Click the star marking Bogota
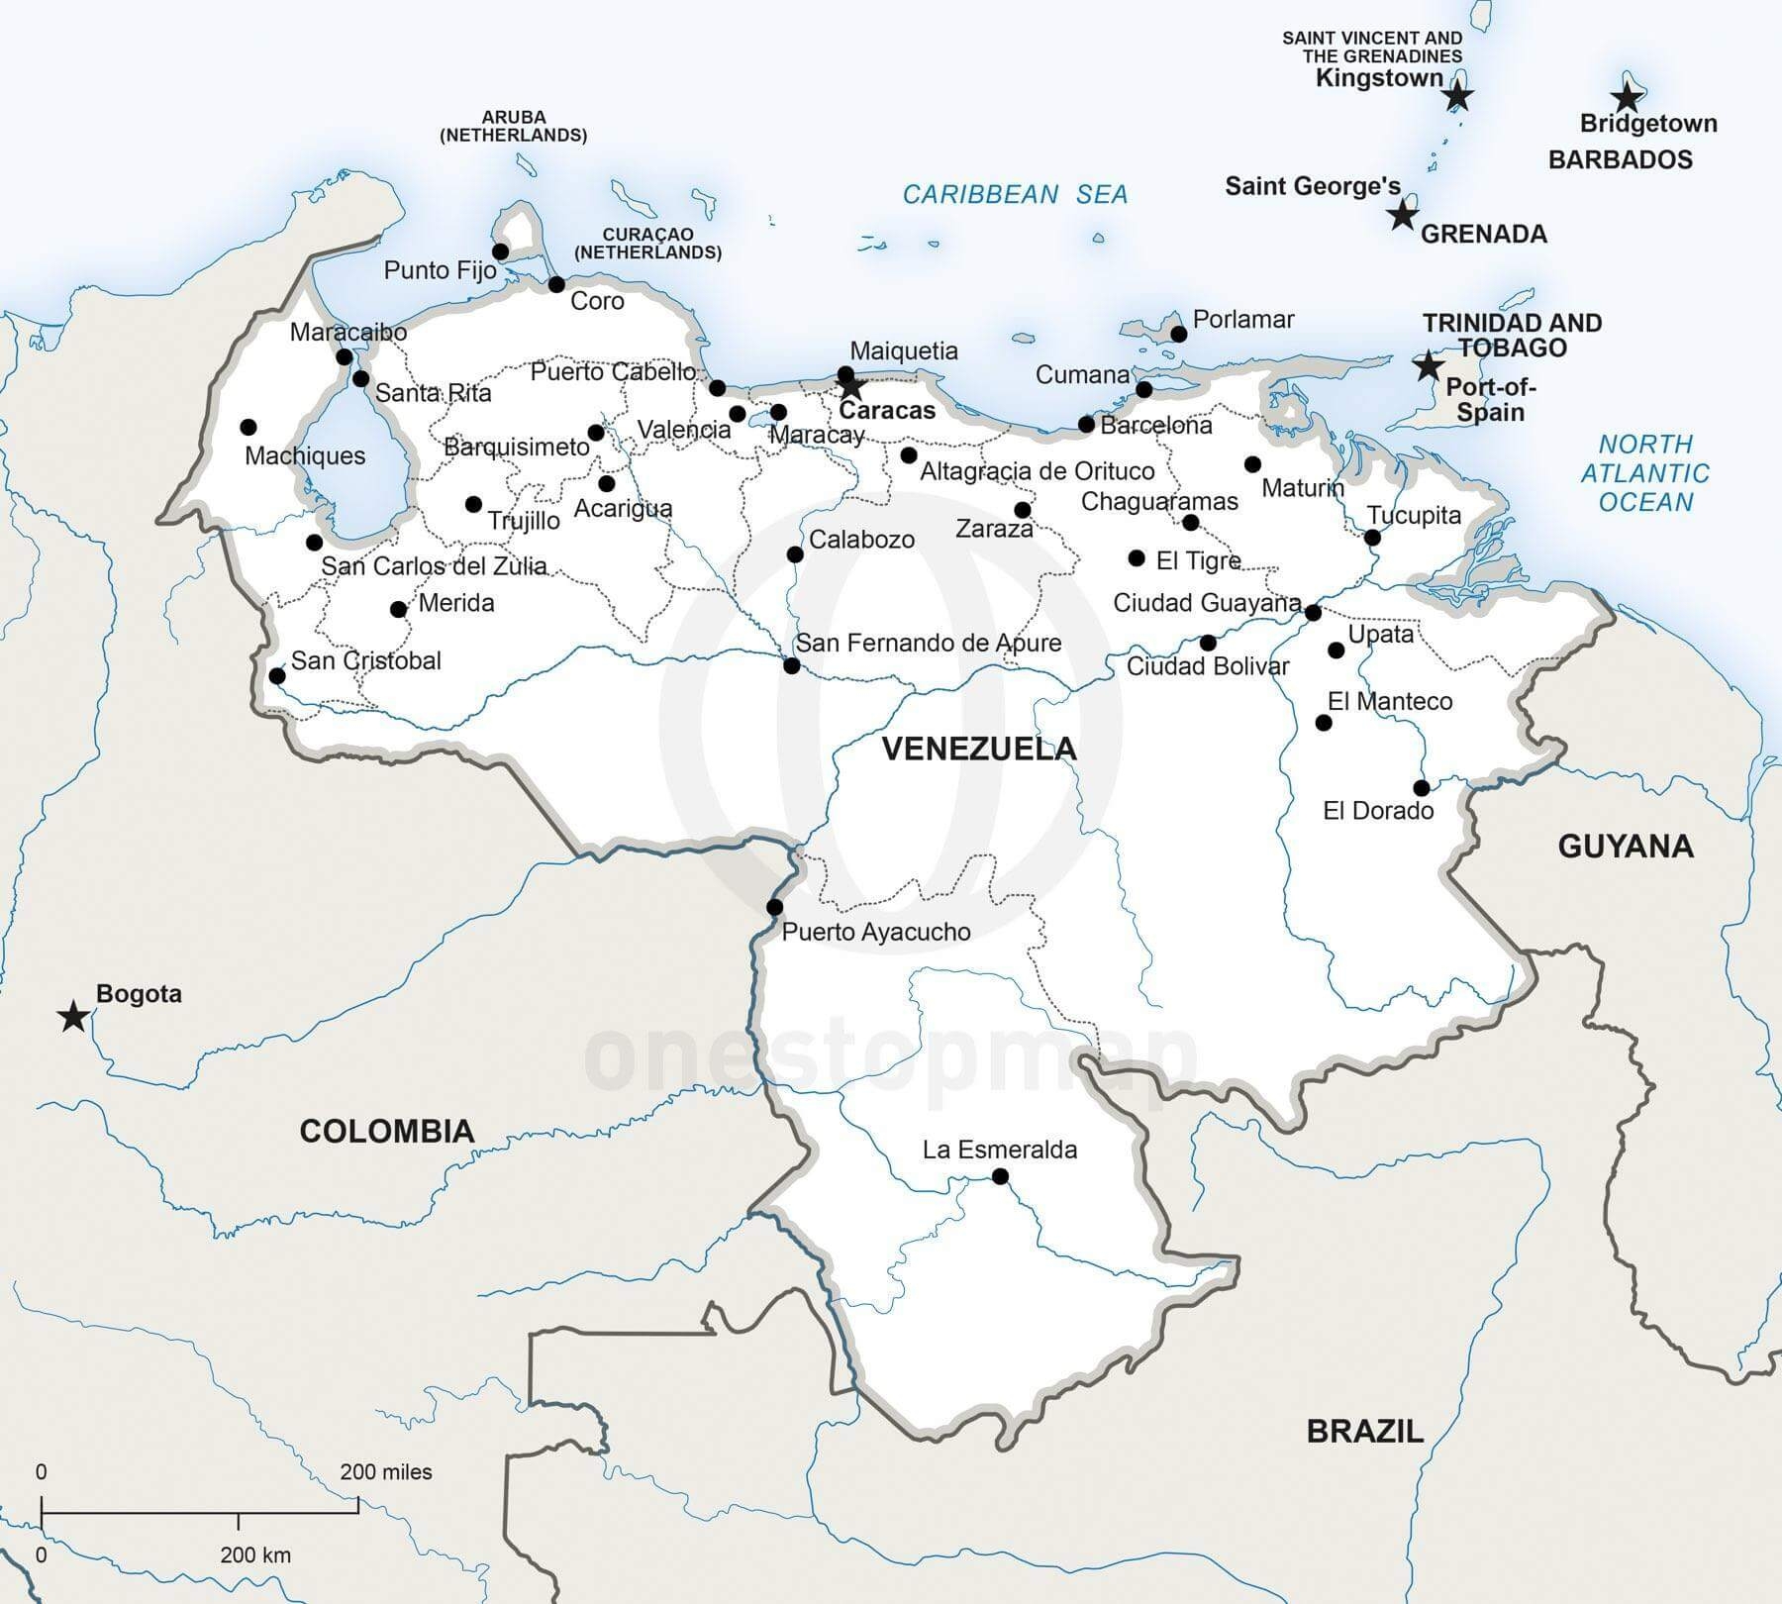(72, 1016)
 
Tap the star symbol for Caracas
(851, 387)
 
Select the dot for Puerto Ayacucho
(775, 907)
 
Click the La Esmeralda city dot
(1000, 1176)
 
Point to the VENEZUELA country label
(978, 749)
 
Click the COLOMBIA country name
(387, 1131)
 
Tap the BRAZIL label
(1364, 1431)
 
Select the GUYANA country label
(1626, 846)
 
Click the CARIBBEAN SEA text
(1015, 194)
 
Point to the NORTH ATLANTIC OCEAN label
(1644, 473)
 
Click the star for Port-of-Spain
(1427, 365)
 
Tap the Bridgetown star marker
(1626, 97)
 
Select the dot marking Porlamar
(1178, 334)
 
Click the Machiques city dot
(248, 428)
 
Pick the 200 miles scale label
(385, 1472)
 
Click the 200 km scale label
(255, 1554)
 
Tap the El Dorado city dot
(1422, 788)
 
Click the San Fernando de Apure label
(929, 643)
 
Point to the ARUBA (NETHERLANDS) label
(513, 126)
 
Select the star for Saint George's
(1402, 215)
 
